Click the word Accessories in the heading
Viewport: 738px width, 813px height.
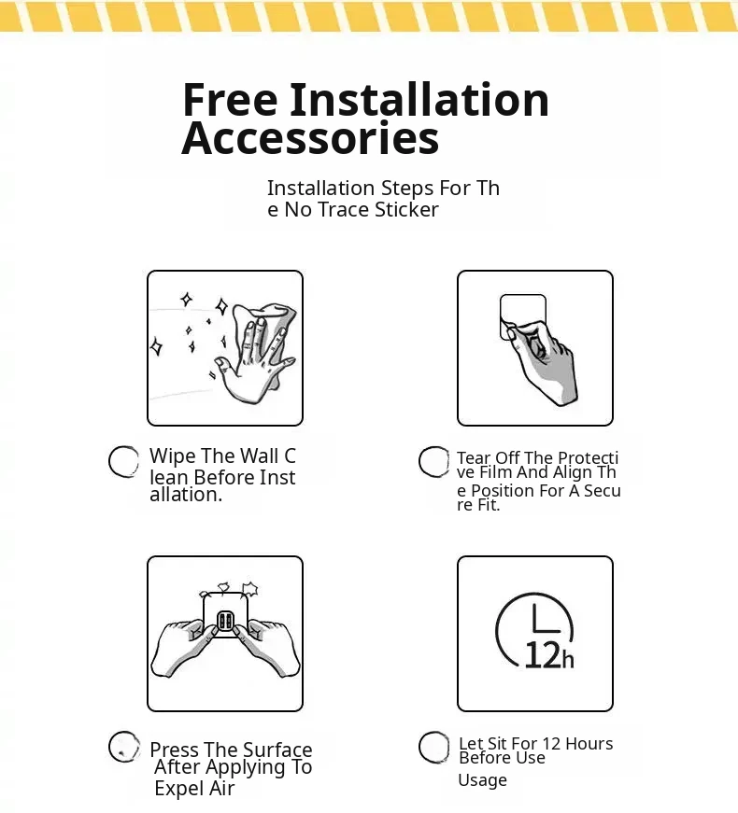point(310,138)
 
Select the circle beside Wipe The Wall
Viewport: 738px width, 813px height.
point(123,461)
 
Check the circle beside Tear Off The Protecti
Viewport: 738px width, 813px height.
point(433,461)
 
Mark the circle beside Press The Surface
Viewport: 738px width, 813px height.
point(123,747)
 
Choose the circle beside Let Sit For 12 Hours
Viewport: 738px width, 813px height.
point(433,747)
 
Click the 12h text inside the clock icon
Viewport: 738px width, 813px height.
point(549,655)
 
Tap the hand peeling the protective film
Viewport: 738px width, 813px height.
point(543,360)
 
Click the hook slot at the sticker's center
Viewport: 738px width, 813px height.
point(225,620)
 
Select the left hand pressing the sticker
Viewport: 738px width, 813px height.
point(184,647)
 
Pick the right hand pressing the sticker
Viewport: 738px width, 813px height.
point(266,647)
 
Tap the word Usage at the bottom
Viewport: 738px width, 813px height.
point(482,780)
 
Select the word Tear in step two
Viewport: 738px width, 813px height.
point(474,457)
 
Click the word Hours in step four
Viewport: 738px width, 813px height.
point(589,744)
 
